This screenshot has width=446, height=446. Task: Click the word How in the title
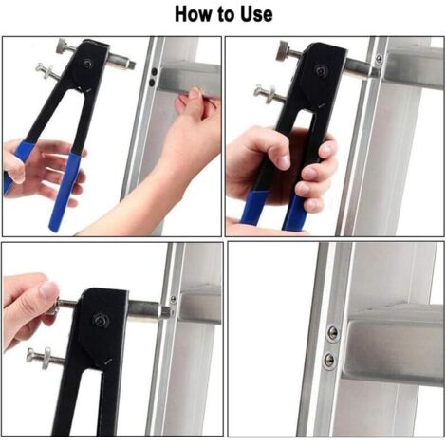click(194, 14)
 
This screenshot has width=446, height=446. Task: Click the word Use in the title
click(256, 14)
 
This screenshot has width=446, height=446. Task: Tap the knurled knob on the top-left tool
click(63, 47)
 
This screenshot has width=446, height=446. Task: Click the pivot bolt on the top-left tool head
click(88, 63)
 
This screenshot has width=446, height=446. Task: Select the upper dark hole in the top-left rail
click(155, 71)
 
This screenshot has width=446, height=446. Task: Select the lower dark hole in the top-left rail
click(152, 83)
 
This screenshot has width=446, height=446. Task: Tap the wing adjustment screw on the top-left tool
click(46, 72)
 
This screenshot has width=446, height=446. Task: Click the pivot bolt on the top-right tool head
click(321, 70)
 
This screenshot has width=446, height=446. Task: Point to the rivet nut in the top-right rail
click(379, 59)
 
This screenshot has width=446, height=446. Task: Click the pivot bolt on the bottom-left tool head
click(102, 321)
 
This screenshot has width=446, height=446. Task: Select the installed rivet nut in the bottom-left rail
click(174, 299)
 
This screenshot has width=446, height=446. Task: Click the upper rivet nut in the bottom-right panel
click(332, 333)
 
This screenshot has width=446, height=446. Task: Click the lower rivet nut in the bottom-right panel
click(329, 360)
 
